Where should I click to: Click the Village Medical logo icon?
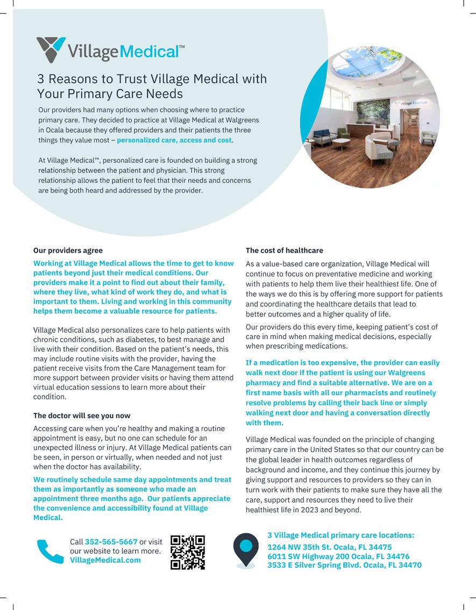[51, 48]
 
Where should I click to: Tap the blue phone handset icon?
[51, 551]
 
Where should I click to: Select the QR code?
[188, 552]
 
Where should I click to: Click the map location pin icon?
[246, 549]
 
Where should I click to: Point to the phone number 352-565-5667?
[111, 542]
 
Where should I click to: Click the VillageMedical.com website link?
[105, 560]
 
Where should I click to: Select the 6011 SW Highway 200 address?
[338, 556]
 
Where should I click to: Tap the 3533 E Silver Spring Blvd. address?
[344, 565]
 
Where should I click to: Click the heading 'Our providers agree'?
[68, 250]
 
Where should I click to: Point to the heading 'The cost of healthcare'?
[285, 250]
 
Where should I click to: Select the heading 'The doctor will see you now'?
[82, 415]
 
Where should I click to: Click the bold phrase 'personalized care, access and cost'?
[174, 140]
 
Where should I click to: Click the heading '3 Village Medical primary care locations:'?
[341, 535]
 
